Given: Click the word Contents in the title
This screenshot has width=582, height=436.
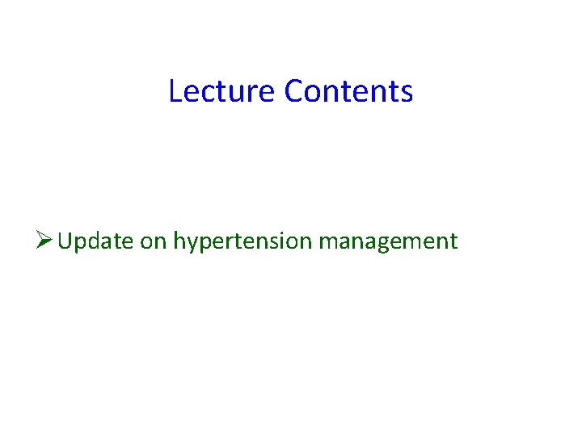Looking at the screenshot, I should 348,91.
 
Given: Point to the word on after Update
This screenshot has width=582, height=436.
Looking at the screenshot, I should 153,241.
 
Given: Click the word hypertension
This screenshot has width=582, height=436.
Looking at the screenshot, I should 242,241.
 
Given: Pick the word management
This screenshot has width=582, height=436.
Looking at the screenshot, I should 388,241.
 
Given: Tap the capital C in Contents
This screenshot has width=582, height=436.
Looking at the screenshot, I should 293,91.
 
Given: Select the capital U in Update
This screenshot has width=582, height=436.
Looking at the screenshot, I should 65,241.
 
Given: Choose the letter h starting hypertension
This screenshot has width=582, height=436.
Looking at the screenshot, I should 178,241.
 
